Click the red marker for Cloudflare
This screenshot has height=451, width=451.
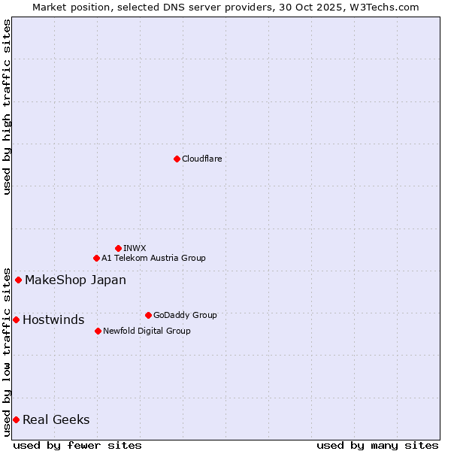pos(177,159)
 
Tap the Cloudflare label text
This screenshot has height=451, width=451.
pos(201,159)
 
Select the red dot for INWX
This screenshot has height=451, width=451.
pos(118,248)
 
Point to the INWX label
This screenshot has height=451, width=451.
pos(135,248)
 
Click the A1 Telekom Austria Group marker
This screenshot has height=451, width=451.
pos(96,258)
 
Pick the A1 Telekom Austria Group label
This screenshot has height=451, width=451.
pos(153,258)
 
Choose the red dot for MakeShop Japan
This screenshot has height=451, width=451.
pos(18,280)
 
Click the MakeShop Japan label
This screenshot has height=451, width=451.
pos(75,280)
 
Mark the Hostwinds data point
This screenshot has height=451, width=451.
pos(16,319)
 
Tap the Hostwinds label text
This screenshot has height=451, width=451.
pos(53,320)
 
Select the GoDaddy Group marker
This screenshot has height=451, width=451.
pos(148,315)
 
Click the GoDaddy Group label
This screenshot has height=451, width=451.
pos(185,315)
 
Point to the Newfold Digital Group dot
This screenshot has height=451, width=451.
pos(98,331)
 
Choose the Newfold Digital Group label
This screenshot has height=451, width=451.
pos(147,331)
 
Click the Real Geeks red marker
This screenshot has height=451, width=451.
pos(16,419)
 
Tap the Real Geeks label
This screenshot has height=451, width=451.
pos(56,420)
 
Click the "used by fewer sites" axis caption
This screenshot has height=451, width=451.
pos(77,445)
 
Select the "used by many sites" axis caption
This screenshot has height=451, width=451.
pos(377,445)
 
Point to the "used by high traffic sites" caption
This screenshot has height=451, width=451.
pos(7,107)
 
